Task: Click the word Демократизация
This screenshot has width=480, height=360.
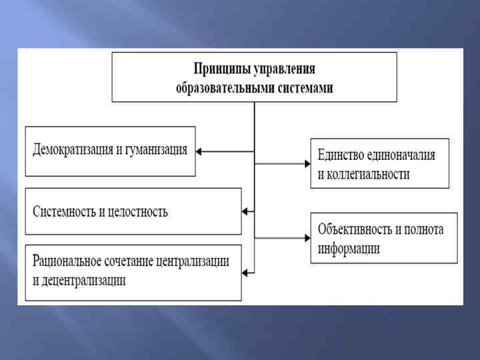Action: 74,150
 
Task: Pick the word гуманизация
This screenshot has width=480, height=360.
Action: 155,150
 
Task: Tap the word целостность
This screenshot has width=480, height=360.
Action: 137,212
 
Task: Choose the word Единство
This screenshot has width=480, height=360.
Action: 340,155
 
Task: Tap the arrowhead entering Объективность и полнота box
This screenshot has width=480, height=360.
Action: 307,237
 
